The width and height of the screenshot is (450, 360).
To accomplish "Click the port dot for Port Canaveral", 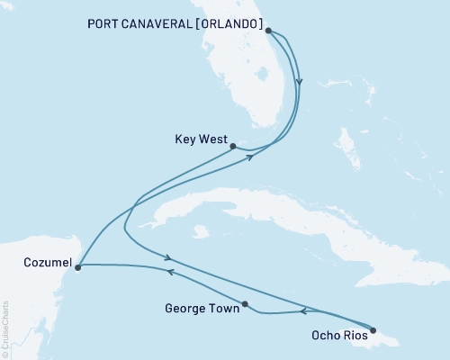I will coord(268,30).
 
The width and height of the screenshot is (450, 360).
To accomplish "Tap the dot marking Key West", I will coord(232,145).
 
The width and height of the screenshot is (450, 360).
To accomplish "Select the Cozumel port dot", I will coord(78,267).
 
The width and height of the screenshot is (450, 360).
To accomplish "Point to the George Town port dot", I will coord(246,303).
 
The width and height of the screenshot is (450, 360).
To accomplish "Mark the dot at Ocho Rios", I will coord(373,329).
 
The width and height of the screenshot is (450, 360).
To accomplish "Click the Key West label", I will coord(197,140).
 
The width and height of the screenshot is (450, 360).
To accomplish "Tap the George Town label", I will coord(202,309).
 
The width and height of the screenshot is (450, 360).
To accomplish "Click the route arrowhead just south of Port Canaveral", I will coord(300,83).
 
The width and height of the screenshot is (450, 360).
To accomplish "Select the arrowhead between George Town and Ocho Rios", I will coord(302,311).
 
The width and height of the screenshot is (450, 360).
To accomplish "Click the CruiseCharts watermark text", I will coord(5,328).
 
